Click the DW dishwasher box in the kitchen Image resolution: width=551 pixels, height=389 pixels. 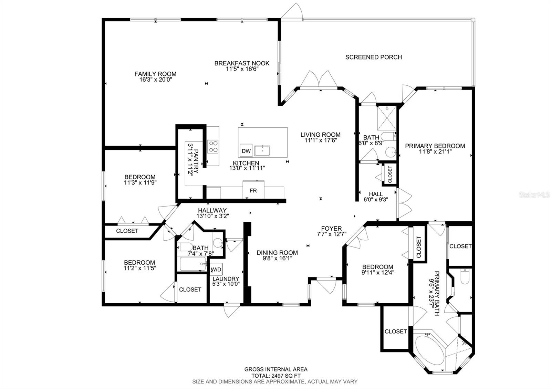coord(246,151)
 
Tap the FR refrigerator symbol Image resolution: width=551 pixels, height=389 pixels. coord(253,190)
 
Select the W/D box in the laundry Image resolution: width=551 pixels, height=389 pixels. coord(216,269)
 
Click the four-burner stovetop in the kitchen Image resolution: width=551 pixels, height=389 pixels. coord(212,146)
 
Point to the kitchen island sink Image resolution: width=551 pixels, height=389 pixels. coord(262,151)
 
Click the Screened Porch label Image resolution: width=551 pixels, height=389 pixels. coord(373,57)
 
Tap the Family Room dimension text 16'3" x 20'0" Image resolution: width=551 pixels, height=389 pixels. coord(155,79)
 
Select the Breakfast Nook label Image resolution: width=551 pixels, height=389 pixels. coord(242,63)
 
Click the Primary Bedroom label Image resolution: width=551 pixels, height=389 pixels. coord(435,146)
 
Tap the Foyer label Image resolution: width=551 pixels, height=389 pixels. coord(331,229)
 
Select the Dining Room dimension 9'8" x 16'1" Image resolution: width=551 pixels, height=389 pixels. coord(277,258)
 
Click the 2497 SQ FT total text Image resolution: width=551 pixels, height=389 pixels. coord(276,376)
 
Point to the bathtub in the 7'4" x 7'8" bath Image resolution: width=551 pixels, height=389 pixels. coord(193,264)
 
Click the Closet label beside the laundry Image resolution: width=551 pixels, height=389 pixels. coord(190,290)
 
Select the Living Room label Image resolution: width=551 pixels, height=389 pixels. coord(320,135)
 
